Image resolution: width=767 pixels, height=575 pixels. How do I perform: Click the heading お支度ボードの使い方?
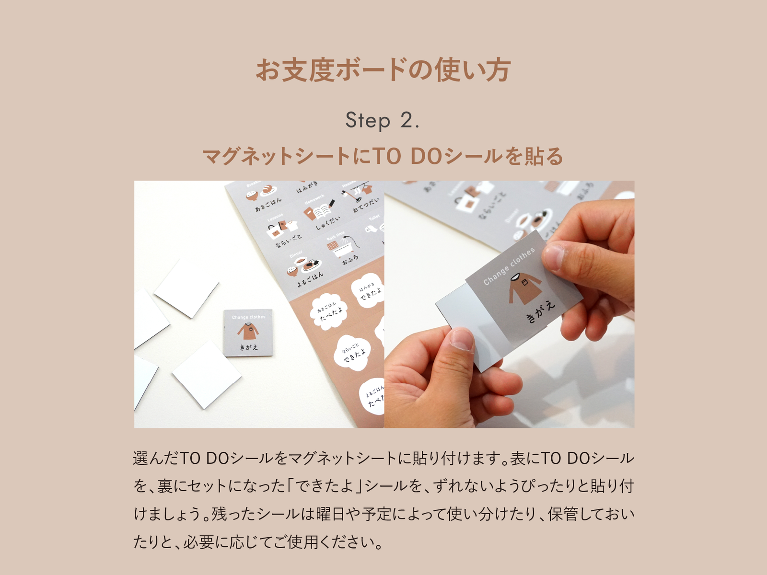coord(383,70)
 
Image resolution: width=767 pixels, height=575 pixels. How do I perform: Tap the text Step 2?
coord(383,120)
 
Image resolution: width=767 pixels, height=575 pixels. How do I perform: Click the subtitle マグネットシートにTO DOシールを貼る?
coord(383,156)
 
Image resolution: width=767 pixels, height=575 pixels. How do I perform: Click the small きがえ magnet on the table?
coord(248,333)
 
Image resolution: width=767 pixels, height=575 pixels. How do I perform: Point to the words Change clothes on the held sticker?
coord(509,266)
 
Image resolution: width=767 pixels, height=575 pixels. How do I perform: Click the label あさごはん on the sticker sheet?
coord(268,205)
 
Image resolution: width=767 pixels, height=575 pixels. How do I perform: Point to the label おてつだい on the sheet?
coord(366,205)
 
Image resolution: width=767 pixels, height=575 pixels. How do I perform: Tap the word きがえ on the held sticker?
coord(540,311)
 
